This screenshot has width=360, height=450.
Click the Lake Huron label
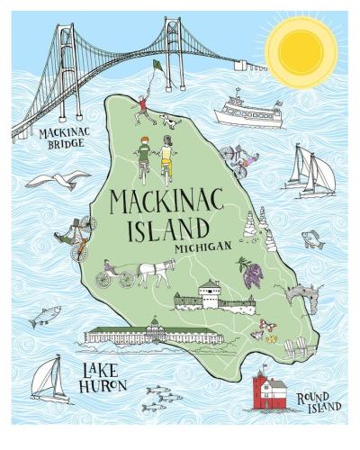pos(102,378)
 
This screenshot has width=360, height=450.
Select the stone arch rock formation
pos(301,298)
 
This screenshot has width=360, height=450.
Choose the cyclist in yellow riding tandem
pos(166,160)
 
